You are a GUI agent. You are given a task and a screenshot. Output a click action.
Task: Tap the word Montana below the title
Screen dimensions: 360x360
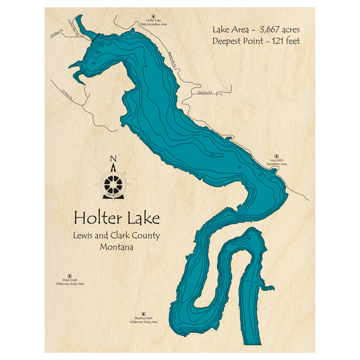116,247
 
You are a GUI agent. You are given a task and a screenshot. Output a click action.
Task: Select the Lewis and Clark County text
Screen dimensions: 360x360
116,236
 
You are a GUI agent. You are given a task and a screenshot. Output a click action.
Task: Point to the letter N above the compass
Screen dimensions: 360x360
113,158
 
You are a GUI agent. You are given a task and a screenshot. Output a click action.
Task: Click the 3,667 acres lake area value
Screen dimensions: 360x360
279,30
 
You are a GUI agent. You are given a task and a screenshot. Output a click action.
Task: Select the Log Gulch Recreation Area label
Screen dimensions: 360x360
276,162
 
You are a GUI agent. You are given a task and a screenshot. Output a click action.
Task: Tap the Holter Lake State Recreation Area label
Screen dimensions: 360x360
154,23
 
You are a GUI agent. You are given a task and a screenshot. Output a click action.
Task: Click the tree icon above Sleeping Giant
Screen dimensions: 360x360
144,314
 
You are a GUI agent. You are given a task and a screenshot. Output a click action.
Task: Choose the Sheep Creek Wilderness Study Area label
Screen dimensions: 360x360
70,282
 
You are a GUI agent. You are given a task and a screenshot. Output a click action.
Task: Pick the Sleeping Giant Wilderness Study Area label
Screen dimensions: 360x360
144,320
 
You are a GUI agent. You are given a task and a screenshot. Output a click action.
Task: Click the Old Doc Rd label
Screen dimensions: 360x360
204,93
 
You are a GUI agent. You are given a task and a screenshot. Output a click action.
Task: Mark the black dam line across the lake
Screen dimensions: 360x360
96,37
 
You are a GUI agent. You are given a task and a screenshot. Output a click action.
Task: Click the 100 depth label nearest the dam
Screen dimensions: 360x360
98,53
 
